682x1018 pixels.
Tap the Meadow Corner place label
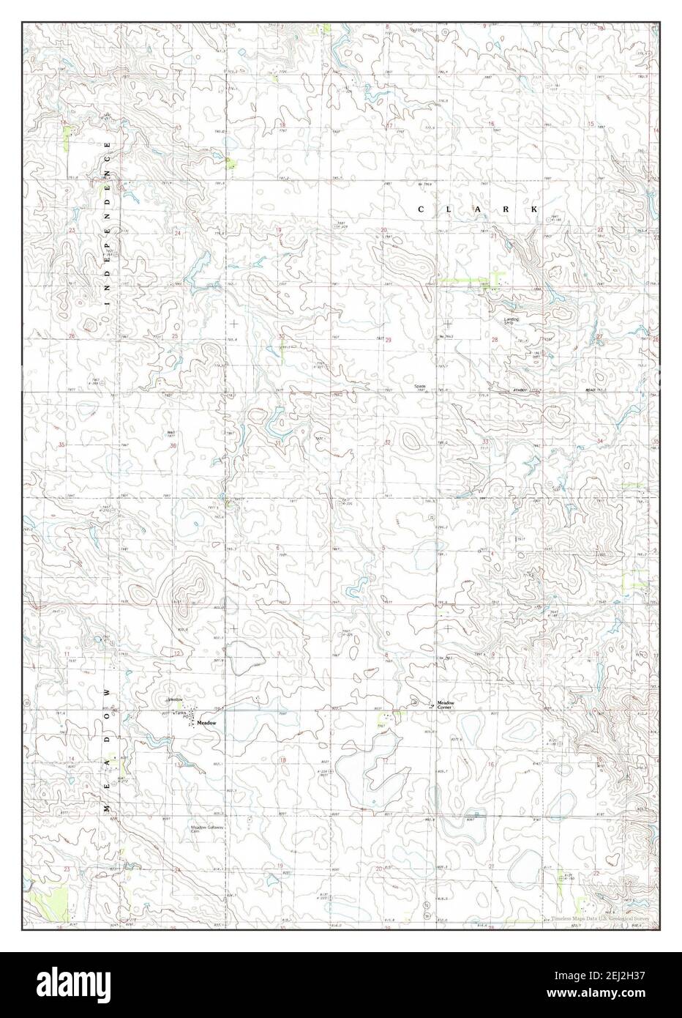coord(446,705)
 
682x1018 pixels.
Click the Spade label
coord(419,386)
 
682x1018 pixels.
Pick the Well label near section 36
coord(170,432)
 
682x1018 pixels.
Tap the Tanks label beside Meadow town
coord(181,714)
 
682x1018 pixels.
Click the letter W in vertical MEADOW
coord(108,692)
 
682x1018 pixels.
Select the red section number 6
coord(278,548)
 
